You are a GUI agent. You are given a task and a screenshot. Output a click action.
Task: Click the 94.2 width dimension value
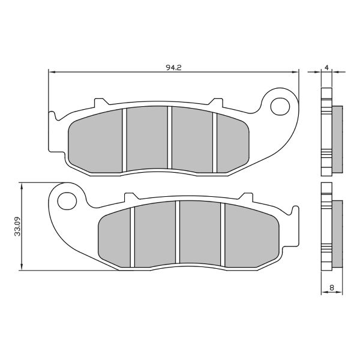pos(174,67)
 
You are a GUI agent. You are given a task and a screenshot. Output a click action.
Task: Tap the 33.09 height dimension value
pos(17,227)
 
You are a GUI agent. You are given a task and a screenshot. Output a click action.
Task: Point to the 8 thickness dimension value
pos(331,287)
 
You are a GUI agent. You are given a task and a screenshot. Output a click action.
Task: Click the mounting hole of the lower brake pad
pos(68,200)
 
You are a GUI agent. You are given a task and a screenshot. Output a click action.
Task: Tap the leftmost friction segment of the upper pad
pos(96,140)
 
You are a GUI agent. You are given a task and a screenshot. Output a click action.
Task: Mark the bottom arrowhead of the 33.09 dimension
pos(22,268)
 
